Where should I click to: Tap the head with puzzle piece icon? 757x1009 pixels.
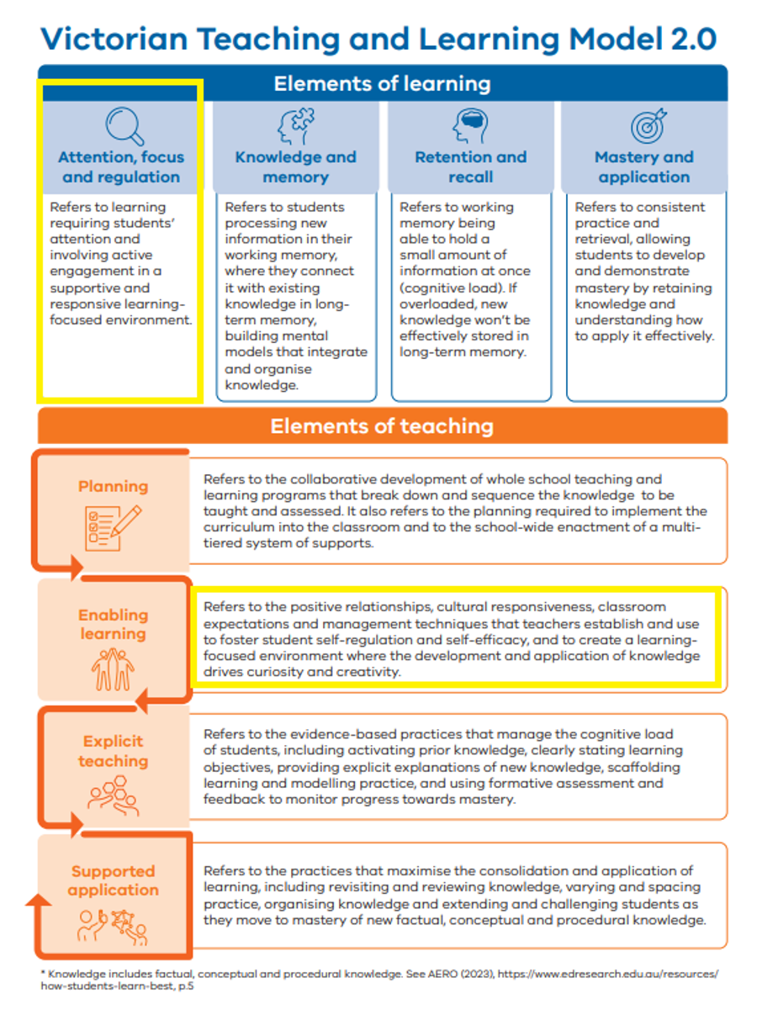(295, 126)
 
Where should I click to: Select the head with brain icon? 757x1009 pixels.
(469, 126)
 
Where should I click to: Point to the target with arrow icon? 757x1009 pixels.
(648, 126)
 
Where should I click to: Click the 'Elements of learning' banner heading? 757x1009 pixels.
(382, 84)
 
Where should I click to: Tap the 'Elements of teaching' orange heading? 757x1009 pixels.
(382, 426)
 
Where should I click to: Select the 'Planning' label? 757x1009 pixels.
(113, 486)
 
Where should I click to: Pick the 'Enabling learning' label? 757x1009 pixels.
(113, 624)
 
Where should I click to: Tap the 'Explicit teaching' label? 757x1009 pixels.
(113, 751)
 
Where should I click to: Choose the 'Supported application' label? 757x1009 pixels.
(113, 880)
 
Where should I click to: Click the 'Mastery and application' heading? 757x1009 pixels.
(643, 166)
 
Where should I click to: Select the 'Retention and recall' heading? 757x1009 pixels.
(470, 166)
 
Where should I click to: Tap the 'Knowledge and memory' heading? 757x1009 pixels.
(295, 166)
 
